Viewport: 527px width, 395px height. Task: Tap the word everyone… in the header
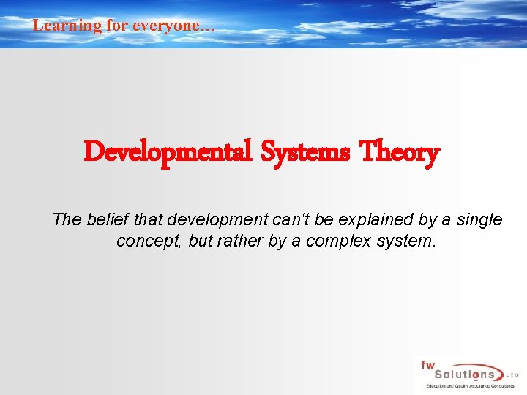click(x=173, y=26)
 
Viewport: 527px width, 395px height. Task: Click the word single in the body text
click(x=479, y=219)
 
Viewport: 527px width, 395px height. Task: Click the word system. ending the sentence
click(x=407, y=241)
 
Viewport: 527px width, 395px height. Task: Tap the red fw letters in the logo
click(x=427, y=365)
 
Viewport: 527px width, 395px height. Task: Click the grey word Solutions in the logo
click(x=460, y=374)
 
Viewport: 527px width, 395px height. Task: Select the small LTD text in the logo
click(x=512, y=374)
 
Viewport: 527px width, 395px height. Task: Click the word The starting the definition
click(x=67, y=219)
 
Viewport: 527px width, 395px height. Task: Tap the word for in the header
click(x=117, y=26)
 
